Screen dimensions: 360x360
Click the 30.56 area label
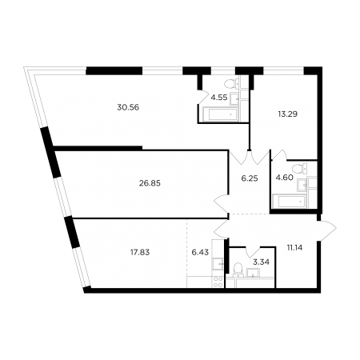128,107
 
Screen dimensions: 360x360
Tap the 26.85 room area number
150,183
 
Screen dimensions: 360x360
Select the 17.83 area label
140,252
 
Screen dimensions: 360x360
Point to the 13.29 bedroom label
288,114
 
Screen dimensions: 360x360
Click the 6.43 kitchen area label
200,252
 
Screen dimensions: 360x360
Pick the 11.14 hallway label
295,248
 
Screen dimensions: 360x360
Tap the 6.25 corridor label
250,178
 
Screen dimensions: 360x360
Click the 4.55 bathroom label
219,98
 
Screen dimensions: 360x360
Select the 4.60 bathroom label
285,178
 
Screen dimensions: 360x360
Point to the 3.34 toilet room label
261,262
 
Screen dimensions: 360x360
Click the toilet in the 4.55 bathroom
230,84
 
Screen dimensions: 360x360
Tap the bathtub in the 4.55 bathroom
221,115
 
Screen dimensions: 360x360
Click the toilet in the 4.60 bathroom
298,169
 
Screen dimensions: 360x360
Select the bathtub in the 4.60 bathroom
290,202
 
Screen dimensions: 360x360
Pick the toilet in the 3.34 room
237,269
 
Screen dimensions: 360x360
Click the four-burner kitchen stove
218,282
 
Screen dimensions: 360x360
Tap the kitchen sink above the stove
218,264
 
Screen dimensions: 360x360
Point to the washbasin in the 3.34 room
253,273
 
